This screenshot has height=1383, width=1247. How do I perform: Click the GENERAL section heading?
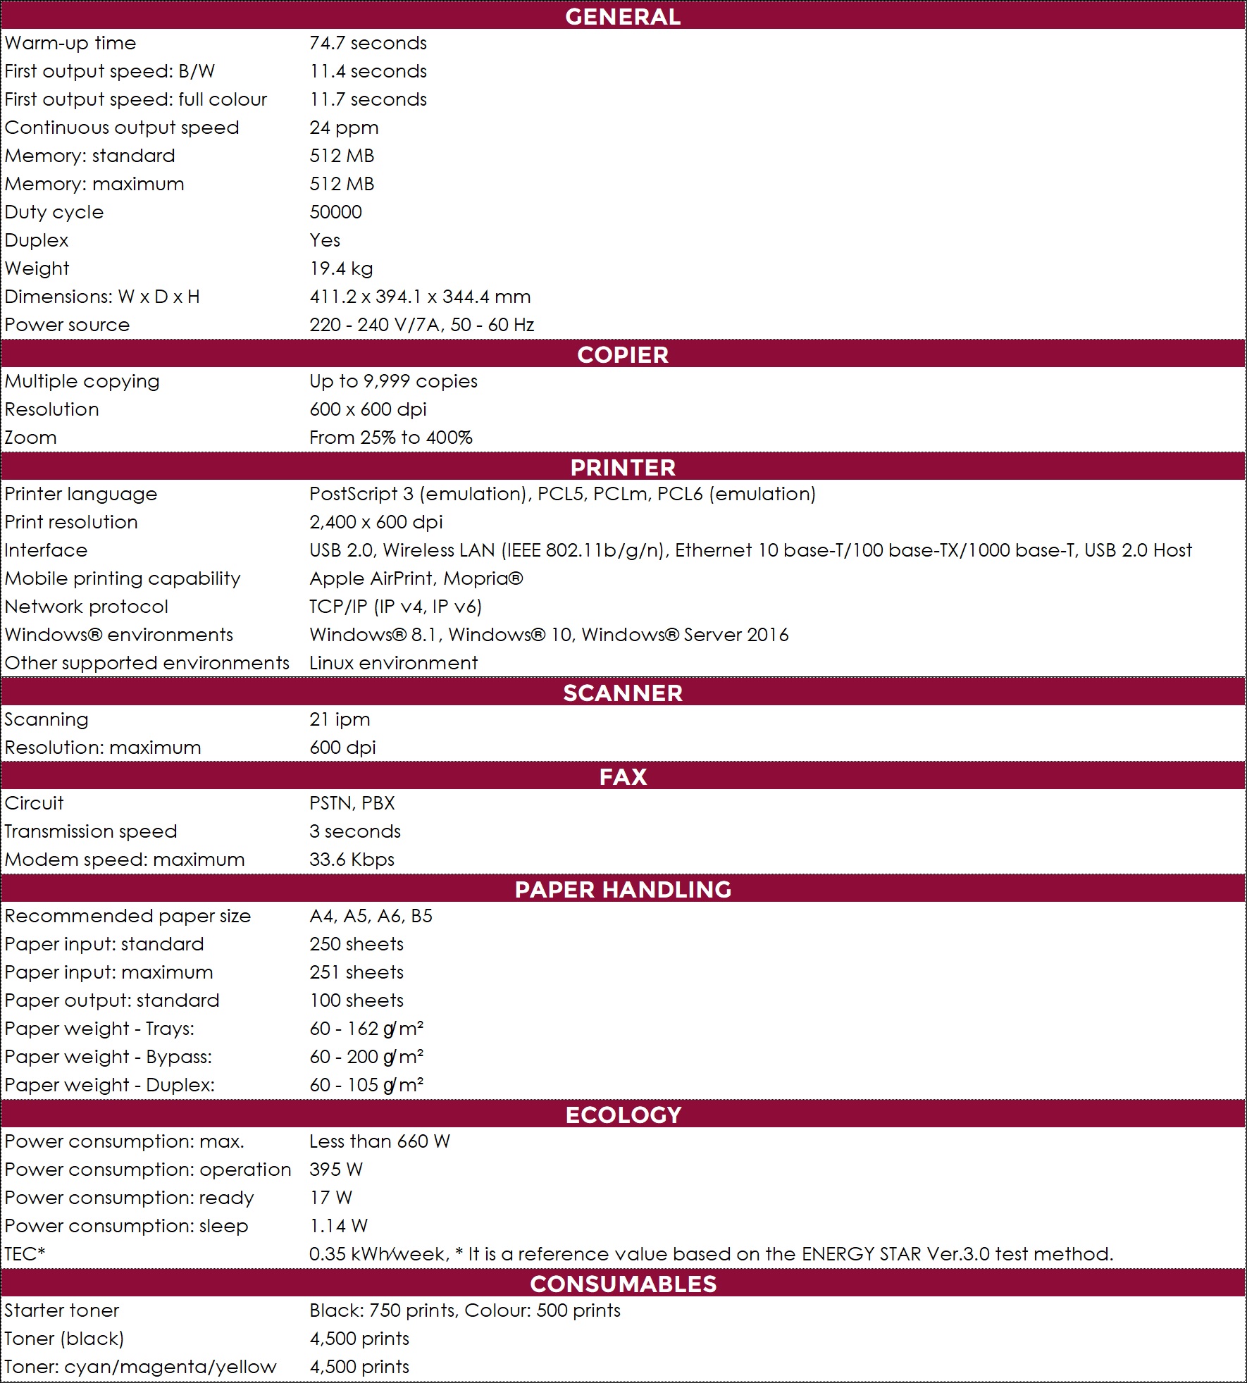pyautogui.click(x=623, y=16)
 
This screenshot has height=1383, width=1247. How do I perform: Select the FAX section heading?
pyautogui.click(x=623, y=776)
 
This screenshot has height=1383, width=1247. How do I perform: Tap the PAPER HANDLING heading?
pyautogui.click(x=623, y=889)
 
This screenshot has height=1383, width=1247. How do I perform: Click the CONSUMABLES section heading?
pyautogui.click(x=623, y=1284)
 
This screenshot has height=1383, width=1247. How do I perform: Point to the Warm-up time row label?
pyautogui.click(x=70, y=43)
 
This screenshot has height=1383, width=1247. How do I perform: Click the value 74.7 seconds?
pyautogui.click(x=368, y=43)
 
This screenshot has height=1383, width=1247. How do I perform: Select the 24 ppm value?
pyautogui.click(x=344, y=128)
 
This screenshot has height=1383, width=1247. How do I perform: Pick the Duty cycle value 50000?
pyautogui.click(x=335, y=212)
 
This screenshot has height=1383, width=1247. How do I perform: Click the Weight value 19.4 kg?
pyautogui.click(x=341, y=268)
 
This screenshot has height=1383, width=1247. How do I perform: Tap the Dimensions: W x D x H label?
pyautogui.click(x=102, y=297)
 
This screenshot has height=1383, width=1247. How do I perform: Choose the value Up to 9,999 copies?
pyautogui.click(x=393, y=381)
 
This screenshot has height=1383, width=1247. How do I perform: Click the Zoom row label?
pyautogui.click(x=31, y=438)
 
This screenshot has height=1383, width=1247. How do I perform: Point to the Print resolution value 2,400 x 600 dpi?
pyautogui.click(x=376, y=522)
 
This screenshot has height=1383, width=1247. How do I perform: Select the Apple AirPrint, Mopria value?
pyautogui.click(x=416, y=578)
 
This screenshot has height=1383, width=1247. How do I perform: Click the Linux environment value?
pyautogui.click(x=393, y=663)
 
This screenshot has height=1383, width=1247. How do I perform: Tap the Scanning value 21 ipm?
pyautogui.click(x=340, y=719)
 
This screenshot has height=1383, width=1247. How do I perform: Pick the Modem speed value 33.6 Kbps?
pyautogui.click(x=352, y=860)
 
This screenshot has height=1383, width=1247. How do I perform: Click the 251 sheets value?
pyautogui.click(x=356, y=972)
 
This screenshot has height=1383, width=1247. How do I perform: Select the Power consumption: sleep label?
pyautogui.click(x=127, y=1226)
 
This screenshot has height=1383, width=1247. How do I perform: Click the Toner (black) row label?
pyautogui.click(x=64, y=1339)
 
